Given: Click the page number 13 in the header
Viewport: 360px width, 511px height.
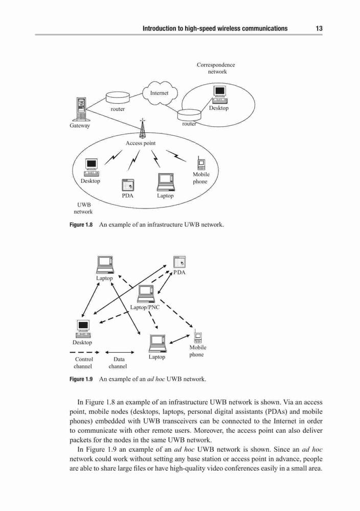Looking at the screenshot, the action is point(319,28).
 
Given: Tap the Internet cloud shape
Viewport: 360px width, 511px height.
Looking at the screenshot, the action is point(159,93).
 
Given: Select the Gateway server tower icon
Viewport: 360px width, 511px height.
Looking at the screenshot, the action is point(80,109).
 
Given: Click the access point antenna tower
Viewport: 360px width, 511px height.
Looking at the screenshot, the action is point(142,128).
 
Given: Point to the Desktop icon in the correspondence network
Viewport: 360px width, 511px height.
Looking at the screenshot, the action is point(219,95).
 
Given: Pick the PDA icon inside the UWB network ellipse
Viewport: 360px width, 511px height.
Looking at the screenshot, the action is point(128,185).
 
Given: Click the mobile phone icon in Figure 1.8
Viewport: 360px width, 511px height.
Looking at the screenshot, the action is point(201,163).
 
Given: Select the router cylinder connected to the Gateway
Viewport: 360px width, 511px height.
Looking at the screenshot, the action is point(118,98).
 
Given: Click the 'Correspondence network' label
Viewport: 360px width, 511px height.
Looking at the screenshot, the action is point(216,68).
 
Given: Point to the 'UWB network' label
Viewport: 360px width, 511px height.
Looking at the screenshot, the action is point(83,208).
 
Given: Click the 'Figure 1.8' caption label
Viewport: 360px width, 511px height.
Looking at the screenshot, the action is point(81,225).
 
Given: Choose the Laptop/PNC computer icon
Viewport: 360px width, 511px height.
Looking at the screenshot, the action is point(146,294).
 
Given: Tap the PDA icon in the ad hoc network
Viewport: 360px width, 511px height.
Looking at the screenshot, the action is point(179,262).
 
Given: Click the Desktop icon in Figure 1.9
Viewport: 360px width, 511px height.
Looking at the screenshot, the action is point(83,329).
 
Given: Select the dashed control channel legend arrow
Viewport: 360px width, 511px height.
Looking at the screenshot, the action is point(85,352).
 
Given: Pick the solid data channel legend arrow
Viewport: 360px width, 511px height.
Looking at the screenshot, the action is point(120,352).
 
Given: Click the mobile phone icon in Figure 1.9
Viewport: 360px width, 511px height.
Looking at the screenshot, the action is point(197,336).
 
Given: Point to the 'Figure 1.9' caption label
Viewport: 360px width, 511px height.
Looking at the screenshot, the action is point(81,379).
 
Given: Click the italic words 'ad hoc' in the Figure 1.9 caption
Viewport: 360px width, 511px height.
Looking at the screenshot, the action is point(156,379).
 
